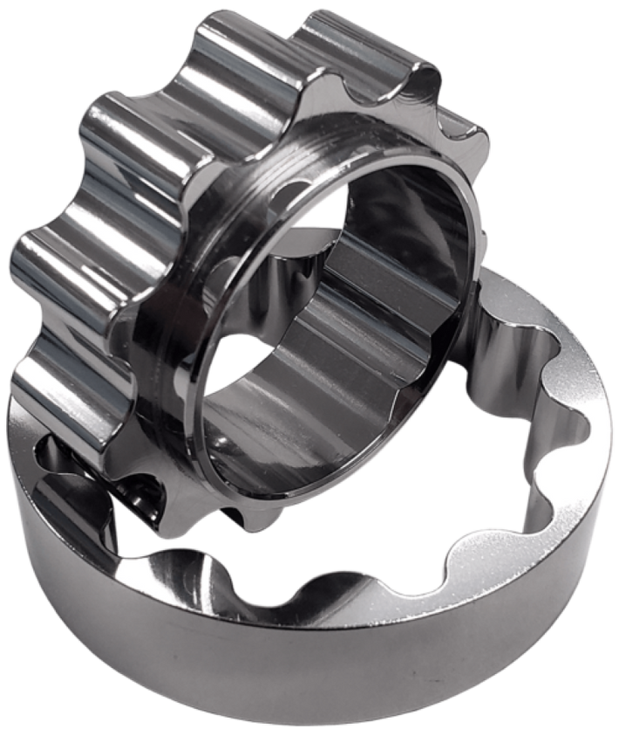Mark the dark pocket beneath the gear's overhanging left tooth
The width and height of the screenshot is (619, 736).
(x=61, y=454)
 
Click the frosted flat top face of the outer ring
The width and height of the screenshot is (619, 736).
(x=523, y=541)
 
